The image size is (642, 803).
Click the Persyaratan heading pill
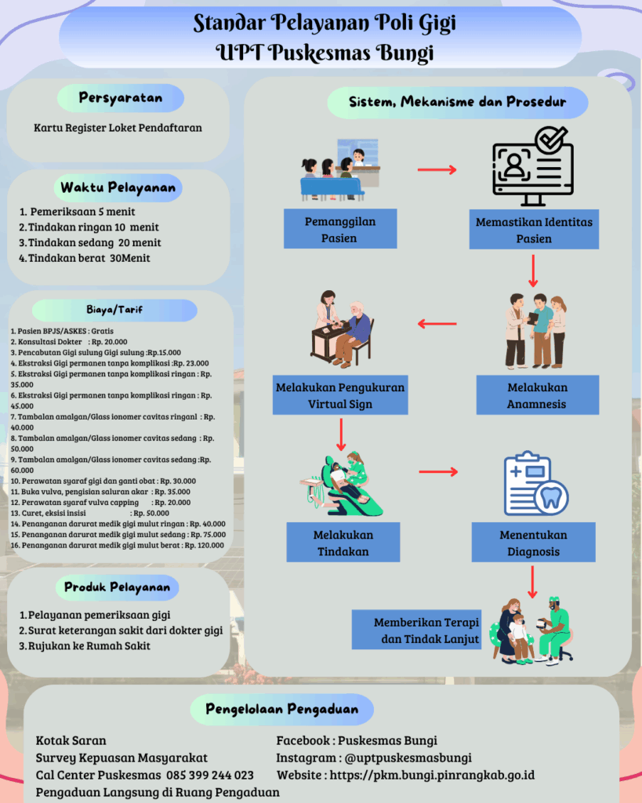click(121, 98)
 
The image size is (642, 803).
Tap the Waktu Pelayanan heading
click(118, 188)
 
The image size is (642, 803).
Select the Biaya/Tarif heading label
click(114, 311)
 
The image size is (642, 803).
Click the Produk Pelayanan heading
click(118, 587)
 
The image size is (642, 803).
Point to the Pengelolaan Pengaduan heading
click(282, 710)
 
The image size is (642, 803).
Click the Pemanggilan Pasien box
click(339, 229)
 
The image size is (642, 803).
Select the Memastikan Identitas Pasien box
click(533, 230)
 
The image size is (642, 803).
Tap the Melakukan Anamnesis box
click(537, 395)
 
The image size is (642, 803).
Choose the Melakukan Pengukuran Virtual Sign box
click(340, 395)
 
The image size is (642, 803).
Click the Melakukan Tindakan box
click(343, 543)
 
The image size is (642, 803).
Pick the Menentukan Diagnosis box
click(533, 543)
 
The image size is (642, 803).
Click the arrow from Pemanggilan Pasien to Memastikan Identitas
click(437, 169)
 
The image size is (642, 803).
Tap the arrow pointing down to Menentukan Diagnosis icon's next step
click(533, 582)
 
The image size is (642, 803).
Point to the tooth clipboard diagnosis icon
click(534, 485)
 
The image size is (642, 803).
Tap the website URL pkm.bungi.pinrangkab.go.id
click(432, 775)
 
